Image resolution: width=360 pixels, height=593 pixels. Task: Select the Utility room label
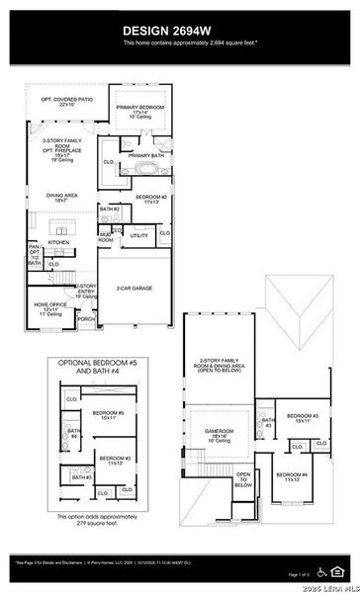139,236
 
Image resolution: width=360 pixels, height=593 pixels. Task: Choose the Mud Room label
105,238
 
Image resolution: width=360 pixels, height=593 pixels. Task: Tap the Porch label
86,319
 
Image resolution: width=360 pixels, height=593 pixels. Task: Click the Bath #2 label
110,210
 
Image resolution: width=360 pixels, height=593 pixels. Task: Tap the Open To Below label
243,480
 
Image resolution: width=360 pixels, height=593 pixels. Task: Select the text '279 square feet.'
89,525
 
